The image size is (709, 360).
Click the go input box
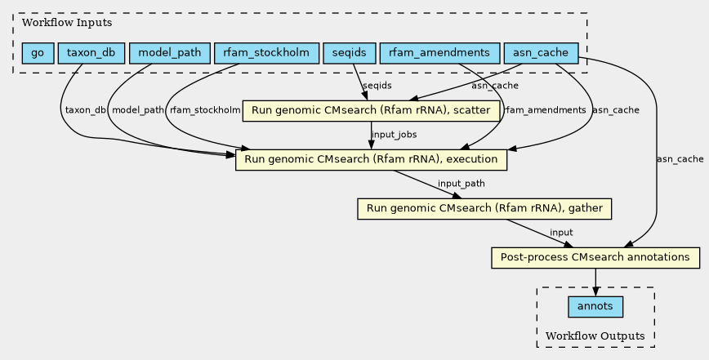[x=38, y=53]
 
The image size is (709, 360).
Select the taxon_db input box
[x=91, y=53]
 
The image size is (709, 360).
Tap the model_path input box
[x=170, y=53]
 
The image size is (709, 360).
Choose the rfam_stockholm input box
[x=267, y=53]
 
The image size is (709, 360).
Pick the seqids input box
[x=350, y=53]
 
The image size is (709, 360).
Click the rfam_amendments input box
[x=440, y=53]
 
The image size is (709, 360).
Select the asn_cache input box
[x=541, y=53]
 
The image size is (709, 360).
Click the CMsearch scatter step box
[x=371, y=111]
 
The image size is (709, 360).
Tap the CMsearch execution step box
[x=371, y=160]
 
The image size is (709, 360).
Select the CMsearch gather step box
[x=484, y=209]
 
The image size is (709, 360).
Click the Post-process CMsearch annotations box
[x=595, y=257]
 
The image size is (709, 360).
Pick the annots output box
[x=595, y=307]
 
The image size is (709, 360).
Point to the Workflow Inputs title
[x=67, y=23]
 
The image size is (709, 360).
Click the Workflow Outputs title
[x=595, y=336]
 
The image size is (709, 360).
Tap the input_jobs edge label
[x=395, y=135]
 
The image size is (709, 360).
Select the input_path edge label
[x=462, y=184]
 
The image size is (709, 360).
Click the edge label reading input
[x=561, y=232]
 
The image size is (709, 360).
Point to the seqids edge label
[x=377, y=86]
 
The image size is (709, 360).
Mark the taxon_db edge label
[x=86, y=110]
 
